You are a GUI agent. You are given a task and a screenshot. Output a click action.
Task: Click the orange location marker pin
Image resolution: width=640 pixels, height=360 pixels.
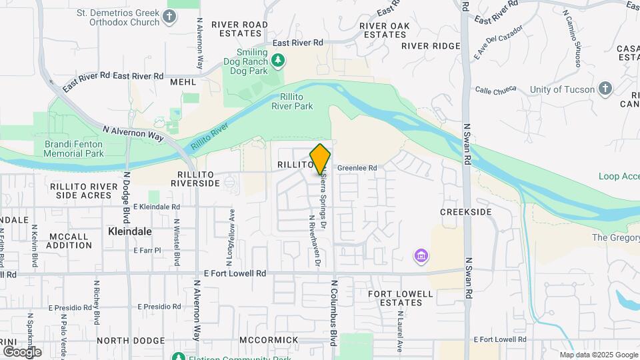(320, 159)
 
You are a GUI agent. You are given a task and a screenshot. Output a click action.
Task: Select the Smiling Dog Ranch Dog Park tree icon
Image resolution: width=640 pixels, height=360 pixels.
(281, 61)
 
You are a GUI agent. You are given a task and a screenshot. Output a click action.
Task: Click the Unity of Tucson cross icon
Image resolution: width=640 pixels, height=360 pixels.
(605, 89)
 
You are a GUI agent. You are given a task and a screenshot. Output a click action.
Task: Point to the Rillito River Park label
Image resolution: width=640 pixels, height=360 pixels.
(292, 101)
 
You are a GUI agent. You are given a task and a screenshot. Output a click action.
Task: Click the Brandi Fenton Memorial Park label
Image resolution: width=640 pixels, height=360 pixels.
(74, 149)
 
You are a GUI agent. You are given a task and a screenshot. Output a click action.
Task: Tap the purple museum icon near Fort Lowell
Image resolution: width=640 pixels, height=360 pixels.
(421, 255)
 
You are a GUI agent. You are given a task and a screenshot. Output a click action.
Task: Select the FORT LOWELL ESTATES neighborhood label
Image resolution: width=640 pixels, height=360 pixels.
(396, 298)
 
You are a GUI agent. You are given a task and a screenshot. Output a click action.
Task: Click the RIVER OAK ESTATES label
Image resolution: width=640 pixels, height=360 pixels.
(383, 30)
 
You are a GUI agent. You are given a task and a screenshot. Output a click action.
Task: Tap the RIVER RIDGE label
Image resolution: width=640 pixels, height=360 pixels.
(431, 46)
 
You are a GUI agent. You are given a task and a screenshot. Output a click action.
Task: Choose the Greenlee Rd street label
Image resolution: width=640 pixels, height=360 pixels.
(357, 168)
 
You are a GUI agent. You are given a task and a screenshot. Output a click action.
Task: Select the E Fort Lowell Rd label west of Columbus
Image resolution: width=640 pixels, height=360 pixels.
(235, 273)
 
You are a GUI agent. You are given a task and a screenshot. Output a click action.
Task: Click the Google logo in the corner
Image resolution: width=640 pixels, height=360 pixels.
(21, 351)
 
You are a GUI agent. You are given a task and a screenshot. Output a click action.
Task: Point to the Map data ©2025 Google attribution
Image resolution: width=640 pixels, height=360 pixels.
(598, 355)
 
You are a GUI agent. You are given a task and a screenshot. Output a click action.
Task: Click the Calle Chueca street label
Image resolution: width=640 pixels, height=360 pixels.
(497, 89)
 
